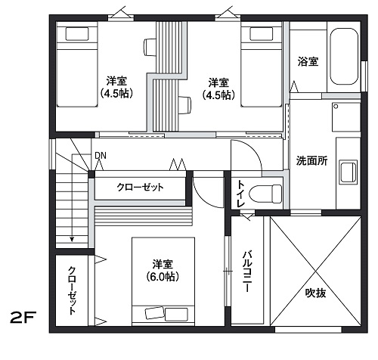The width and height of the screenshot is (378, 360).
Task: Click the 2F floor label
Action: pos(23,318)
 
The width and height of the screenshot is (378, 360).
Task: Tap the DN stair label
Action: pos(101,156)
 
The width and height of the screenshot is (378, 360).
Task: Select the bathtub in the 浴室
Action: pos(344,57)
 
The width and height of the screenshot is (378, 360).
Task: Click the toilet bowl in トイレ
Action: pos(265,194)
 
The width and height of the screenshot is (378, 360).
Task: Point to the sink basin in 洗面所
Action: pos(348,172)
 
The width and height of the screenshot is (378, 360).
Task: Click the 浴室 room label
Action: pos(308,61)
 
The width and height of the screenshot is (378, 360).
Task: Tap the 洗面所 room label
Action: pos(311,160)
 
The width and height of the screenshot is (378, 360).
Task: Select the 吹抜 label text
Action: pos(315,293)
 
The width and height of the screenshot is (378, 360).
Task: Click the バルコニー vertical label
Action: pos(247,272)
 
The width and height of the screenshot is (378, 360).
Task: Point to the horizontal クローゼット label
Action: pos(140,188)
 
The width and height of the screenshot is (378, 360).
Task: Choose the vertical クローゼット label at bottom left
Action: pos(72,290)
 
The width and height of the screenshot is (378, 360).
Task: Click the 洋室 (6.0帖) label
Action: pos(163,271)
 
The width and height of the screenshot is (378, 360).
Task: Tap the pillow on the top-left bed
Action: pos(77,34)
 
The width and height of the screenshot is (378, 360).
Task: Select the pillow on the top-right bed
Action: pos(262,34)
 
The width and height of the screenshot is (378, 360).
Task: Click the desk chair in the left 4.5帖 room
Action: pos(150,47)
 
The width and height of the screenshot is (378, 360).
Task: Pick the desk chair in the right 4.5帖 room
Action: pos(184,105)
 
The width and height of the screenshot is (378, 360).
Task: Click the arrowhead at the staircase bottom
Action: pos(72,239)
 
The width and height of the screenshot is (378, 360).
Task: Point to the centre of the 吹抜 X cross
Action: pos(315,272)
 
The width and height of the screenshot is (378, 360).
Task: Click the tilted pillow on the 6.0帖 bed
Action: pos(154,314)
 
